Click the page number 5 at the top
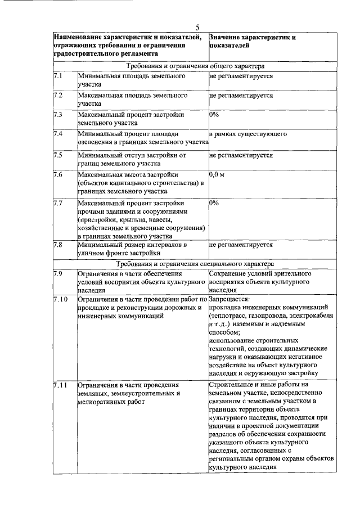198,28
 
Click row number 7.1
57,75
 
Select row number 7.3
57,114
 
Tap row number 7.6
57,175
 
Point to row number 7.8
57,245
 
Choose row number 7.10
60,299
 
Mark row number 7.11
60,385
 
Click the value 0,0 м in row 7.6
217,175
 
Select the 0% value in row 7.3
214,114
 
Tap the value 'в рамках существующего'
248,134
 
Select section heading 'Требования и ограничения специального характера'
195,263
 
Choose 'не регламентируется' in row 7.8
241,245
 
